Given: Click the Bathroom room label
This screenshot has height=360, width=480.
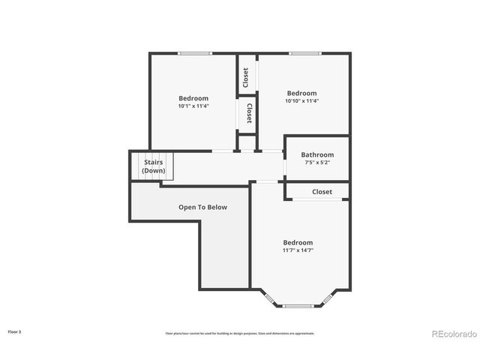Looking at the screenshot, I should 317,154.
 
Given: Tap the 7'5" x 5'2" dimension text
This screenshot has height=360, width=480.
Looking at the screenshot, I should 317,163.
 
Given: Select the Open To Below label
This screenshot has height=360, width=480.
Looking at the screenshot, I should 202,207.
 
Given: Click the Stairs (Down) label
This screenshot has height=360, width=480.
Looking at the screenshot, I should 154,166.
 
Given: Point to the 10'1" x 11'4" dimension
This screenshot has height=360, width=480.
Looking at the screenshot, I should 193,106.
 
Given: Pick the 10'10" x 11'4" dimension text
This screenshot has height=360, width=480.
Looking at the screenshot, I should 302,101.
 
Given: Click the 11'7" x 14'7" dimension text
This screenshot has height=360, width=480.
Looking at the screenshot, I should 298,250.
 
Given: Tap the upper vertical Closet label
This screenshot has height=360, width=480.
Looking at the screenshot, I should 245,76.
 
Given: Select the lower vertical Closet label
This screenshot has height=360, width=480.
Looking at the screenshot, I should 249,113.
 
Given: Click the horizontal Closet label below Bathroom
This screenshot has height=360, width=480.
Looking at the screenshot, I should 322,192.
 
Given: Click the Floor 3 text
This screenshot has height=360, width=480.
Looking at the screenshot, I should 14,331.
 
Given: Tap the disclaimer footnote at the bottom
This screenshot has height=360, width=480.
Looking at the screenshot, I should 240,333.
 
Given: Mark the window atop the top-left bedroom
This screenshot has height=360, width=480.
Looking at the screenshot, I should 194,53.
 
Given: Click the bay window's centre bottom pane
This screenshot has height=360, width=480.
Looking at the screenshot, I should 298,306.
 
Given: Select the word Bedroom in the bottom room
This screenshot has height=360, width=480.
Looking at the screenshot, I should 298,242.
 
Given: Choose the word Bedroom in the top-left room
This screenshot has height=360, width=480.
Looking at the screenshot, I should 193,98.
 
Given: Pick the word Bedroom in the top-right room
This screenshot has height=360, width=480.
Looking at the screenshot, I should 302,93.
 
